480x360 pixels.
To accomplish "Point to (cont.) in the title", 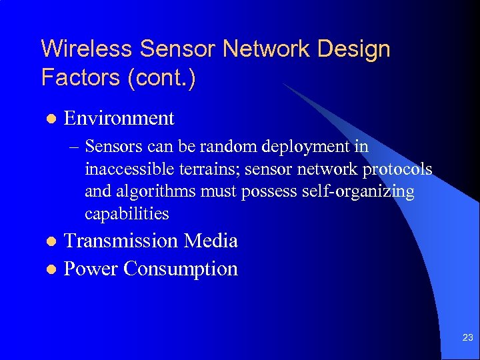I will click(161, 77).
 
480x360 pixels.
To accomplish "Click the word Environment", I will click(119, 119).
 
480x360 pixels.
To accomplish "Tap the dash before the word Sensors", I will click(75, 146).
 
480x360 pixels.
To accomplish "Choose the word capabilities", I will click(127, 214).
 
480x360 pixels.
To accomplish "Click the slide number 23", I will click(467, 339).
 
